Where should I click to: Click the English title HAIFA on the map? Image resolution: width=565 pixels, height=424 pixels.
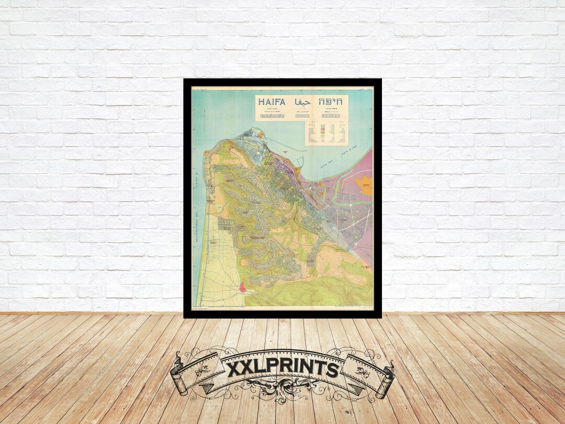click(x=272, y=102)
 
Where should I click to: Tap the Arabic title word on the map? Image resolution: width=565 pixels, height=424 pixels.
click(x=302, y=102)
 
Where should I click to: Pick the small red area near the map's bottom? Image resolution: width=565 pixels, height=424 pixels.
click(x=242, y=287)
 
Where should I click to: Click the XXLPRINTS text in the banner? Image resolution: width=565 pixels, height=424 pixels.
click(x=282, y=369)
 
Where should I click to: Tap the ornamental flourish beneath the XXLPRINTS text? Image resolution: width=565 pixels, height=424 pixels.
click(x=282, y=390)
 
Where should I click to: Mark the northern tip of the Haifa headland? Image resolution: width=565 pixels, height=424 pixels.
click(x=256, y=130)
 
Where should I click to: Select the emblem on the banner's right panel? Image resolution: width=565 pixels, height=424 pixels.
click(x=363, y=369)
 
